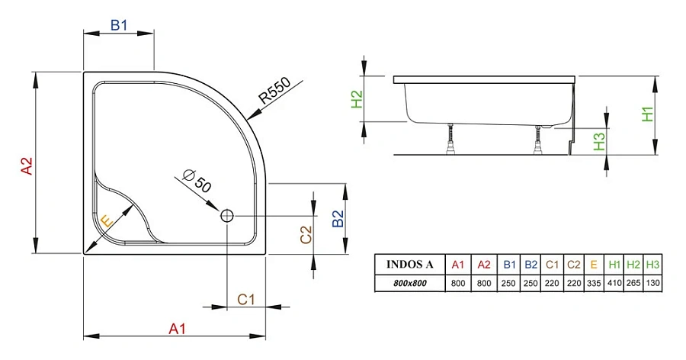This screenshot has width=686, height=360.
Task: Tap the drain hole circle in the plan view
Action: [227, 216]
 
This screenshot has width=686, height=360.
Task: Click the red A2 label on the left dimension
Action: [26, 166]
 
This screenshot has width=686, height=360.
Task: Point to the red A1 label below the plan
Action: [177, 329]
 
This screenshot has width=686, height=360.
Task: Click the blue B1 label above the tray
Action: [118, 25]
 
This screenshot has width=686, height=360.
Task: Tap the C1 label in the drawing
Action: [245, 300]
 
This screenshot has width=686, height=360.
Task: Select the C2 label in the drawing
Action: [306, 235]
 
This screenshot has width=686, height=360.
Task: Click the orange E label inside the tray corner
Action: [107, 221]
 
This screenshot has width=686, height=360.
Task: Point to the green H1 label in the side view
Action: [646, 114]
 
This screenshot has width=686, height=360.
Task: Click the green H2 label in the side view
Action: [356, 99]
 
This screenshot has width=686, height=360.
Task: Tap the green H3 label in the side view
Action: [599, 140]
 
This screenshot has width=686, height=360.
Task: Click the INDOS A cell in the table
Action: [410, 265]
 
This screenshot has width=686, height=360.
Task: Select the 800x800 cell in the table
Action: [410, 283]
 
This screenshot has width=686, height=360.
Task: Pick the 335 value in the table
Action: [593, 283]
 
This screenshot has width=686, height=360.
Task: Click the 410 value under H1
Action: [614, 283]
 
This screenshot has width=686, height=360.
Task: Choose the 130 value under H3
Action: [652, 283]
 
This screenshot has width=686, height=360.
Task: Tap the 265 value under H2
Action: [633, 283]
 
